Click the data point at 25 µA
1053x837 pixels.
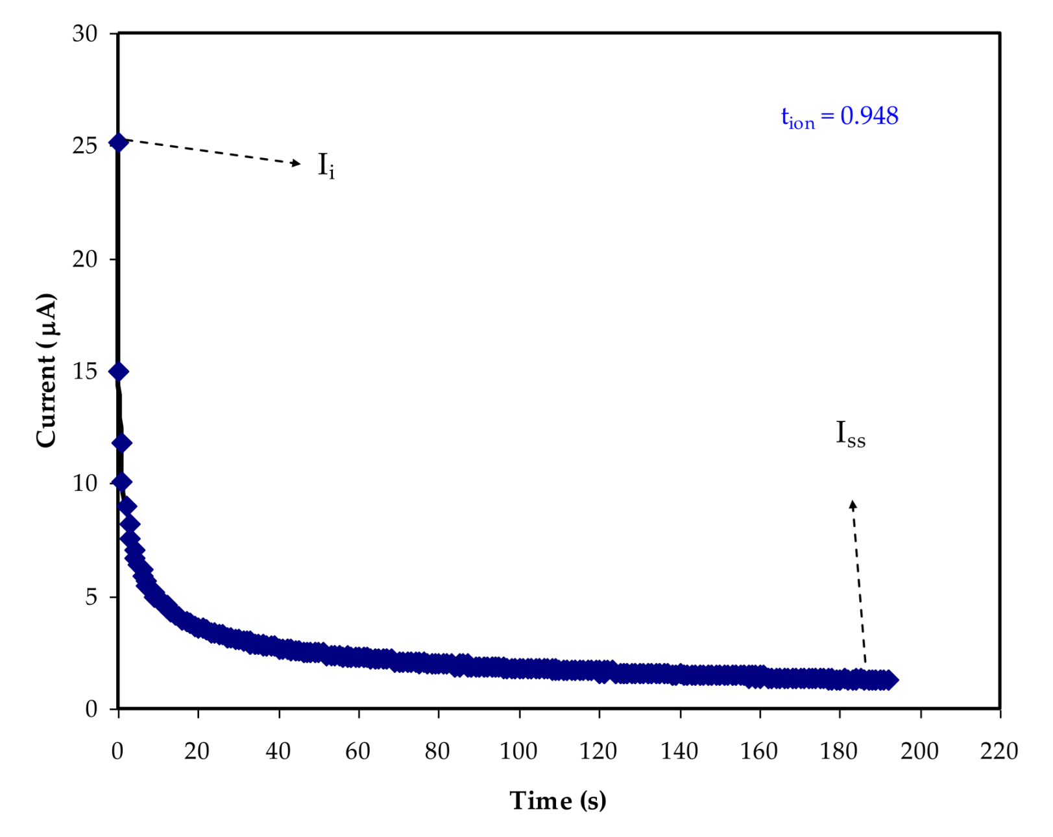pos(118,142)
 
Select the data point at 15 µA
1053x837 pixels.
pos(118,371)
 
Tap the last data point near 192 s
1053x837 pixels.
pos(890,680)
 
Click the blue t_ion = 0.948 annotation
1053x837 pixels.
pos(840,117)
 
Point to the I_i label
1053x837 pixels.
pos(326,165)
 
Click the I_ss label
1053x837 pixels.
pos(850,434)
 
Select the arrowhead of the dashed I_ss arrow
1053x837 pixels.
pos(853,504)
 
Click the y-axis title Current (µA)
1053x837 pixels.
pos(47,370)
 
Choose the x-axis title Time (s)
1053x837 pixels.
pos(558,801)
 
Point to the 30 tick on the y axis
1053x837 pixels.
pos(85,33)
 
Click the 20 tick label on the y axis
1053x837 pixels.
pos(85,259)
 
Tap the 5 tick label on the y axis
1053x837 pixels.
pos(91,596)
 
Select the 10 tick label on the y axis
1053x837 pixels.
pos(85,483)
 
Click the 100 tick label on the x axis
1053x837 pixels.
pos(518,751)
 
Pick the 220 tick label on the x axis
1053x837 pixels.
pos(999,751)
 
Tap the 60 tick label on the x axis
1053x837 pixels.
pos(357,751)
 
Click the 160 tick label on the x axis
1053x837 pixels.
pos(758,751)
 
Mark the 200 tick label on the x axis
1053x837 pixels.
pos(919,751)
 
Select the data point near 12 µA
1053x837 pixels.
pos(121,443)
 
